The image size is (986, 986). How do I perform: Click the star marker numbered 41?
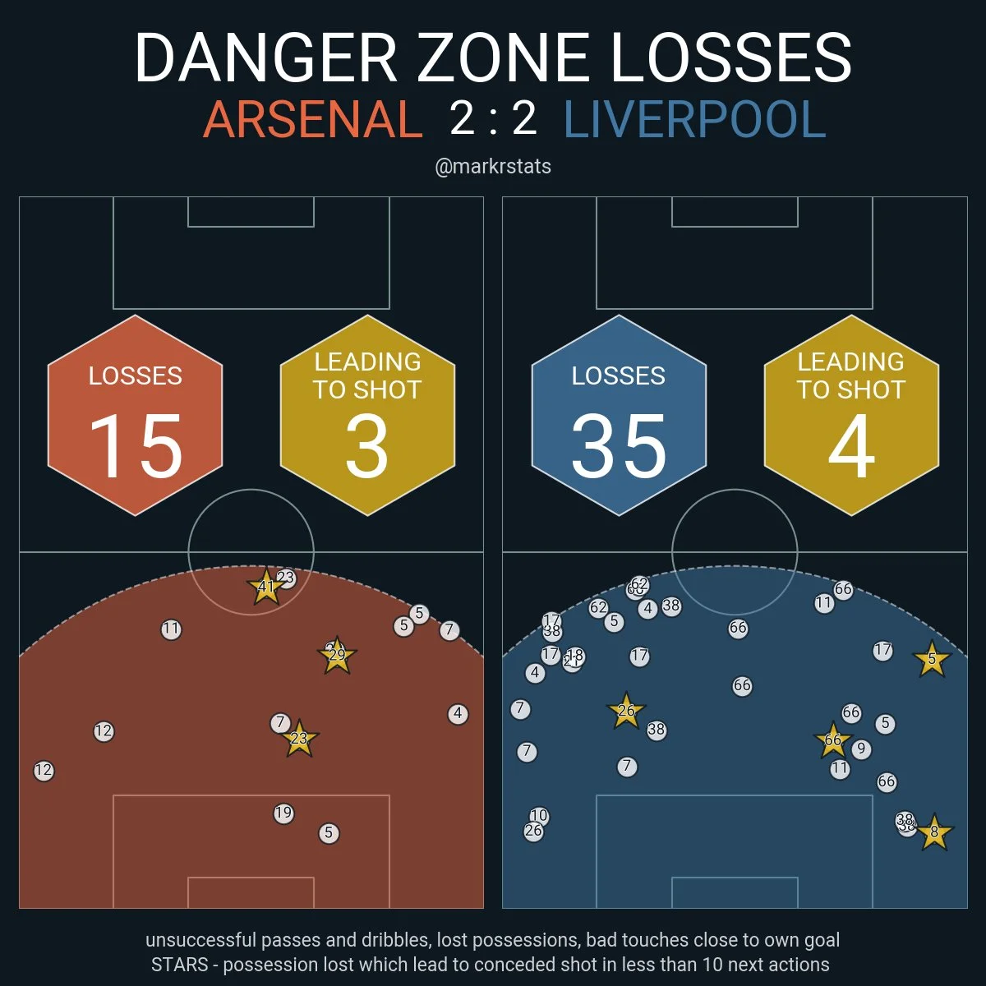265,587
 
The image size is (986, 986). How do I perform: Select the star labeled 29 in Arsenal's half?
337,655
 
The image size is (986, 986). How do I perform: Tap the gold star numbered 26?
626,711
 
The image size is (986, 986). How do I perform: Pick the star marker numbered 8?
933,832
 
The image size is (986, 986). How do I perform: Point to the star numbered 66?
833,740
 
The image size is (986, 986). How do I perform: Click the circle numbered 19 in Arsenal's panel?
283,813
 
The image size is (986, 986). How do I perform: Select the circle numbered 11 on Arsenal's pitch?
171,629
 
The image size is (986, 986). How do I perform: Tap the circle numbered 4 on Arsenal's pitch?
458,714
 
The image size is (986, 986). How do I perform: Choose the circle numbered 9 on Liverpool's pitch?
861,749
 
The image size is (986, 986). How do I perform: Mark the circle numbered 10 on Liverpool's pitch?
538,816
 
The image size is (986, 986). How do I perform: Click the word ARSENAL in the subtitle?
312,120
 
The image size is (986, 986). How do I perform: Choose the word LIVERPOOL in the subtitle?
694,120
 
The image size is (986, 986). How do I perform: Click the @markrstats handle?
493,167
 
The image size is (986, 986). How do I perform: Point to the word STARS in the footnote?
180,964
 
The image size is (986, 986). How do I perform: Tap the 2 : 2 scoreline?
493,118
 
